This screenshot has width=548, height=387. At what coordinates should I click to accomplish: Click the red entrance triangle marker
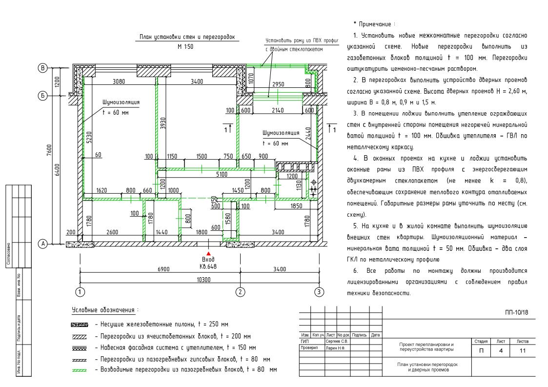pyautogui.click(x=209, y=253)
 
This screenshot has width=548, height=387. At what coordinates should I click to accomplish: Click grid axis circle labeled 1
pyautogui.click(x=80, y=292)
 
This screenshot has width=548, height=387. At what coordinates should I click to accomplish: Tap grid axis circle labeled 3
pyautogui.click(x=319, y=292)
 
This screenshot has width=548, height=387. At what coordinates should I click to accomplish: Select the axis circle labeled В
pyautogui.click(x=42, y=68)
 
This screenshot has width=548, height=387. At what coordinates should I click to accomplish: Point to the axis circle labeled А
pyautogui.click(x=42, y=244)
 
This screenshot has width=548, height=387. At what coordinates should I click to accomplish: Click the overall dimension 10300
pyautogui.click(x=204, y=280)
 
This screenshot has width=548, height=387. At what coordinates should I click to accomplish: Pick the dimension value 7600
pyautogui.click(x=49, y=150)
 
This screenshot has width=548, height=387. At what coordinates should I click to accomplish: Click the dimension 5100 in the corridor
pyautogui.click(x=222, y=174)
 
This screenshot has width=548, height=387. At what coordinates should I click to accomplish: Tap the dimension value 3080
pyautogui.click(x=119, y=81)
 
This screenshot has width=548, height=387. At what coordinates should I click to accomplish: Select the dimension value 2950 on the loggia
pyautogui.click(x=278, y=84)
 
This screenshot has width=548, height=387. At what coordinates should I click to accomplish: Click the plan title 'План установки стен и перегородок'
pyautogui.click(x=187, y=37)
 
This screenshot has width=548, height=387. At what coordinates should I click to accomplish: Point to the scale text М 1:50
pyautogui.click(x=185, y=46)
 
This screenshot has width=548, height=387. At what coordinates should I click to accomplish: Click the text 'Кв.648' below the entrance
pyautogui.click(x=208, y=266)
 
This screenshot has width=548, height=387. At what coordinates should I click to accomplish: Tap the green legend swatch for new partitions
pyautogui.click(x=79, y=370)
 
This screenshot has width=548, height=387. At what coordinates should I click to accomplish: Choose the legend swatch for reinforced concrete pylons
pyautogui.click(x=80, y=325)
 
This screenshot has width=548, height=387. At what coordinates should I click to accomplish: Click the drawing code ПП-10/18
pyautogui.click(x=517, y=312)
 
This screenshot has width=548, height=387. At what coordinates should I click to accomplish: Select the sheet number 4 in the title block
pyautogui.click(x=501, y=350)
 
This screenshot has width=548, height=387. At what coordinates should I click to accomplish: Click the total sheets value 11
pyautogui.click(x=523, y=350)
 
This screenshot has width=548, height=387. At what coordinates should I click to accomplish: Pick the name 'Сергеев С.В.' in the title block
pyautogui.click(x=337, y=341)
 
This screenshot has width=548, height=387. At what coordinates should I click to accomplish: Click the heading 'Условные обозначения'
pyautogui.click(x=103, y=310)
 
